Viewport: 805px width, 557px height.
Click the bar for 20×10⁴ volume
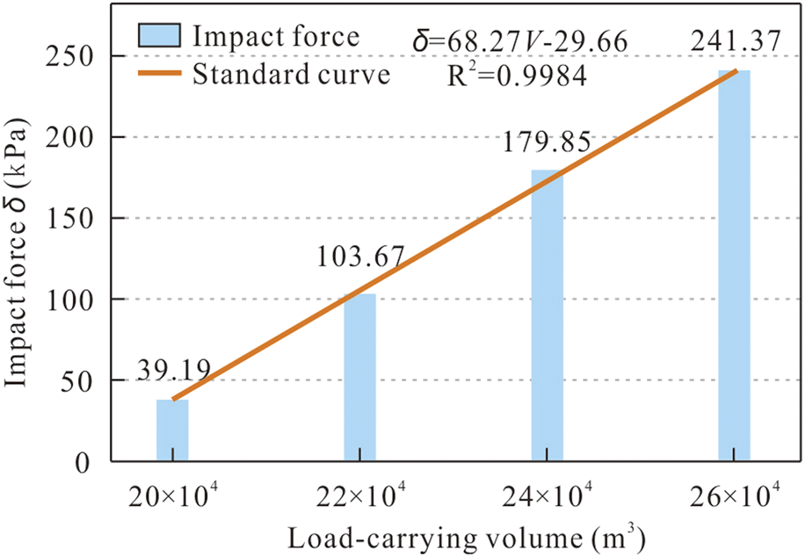172,430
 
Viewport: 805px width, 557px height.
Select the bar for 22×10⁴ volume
359,377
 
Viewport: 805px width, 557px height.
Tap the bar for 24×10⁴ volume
547,315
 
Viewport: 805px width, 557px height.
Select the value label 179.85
548,141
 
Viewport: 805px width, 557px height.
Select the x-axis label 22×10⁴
359,497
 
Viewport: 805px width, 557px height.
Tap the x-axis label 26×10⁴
736,497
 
